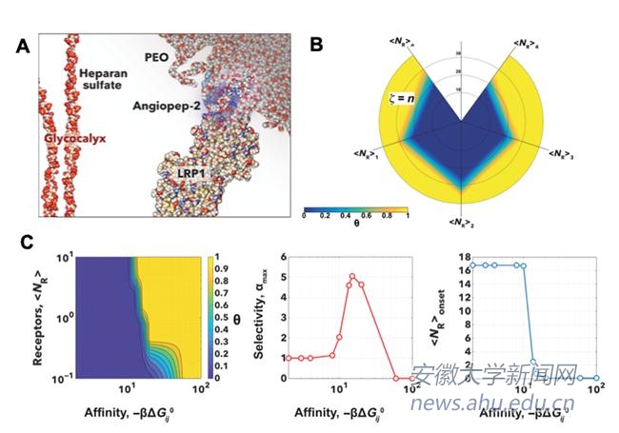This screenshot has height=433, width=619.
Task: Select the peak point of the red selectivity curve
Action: [x=351, y=277]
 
